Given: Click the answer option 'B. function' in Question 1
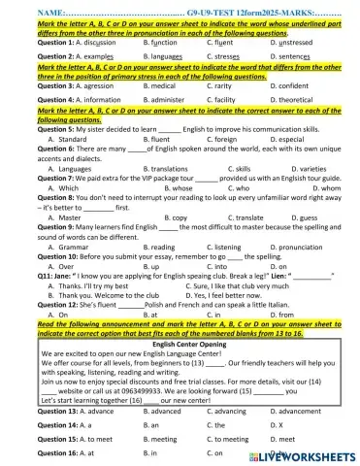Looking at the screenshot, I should click(x=161, y=42).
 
